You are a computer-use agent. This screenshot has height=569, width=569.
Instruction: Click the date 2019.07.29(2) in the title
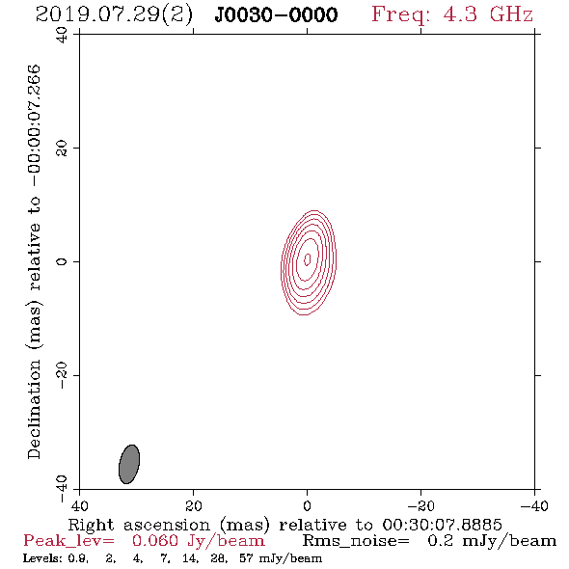click(114, 15)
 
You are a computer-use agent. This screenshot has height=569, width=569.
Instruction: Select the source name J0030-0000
click(276, 15)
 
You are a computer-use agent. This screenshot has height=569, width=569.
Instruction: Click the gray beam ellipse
click(129, 464)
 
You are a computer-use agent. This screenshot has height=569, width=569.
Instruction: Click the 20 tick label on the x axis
click(193, 506)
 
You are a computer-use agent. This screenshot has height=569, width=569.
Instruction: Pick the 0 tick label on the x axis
click(307, 506)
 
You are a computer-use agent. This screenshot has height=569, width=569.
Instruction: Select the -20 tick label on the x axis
click(420, 506)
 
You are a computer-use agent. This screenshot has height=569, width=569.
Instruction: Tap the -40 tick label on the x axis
click(534, 506)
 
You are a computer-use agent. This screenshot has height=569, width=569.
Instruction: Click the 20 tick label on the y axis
click(62, 149)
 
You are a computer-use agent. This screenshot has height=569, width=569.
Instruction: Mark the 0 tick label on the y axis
click(62, 261)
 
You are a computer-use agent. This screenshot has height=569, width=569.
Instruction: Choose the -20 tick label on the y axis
click(62, 375)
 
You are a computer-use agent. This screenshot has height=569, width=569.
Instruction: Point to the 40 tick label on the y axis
click(62, 36)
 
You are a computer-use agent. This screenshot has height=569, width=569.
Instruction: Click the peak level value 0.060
click(155, 541)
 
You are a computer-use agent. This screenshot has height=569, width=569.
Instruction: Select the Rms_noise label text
click(356, 541)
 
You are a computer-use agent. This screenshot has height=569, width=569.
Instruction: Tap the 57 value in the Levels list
click(246, 557)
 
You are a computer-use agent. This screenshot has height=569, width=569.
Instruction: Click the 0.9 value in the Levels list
click(78, 557)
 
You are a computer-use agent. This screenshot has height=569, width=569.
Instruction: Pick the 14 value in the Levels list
click(190, 557)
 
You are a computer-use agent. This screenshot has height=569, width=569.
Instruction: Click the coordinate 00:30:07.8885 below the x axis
click(442, 525)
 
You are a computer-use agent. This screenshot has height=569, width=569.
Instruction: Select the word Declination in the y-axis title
click(34, 409)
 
